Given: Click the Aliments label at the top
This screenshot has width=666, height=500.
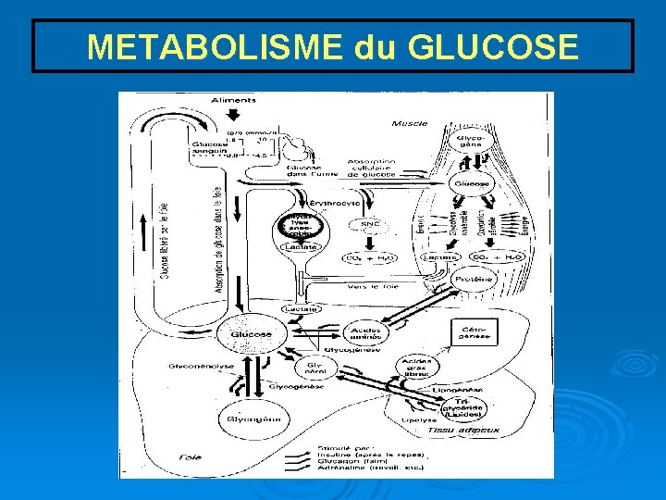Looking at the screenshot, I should click(233, 100).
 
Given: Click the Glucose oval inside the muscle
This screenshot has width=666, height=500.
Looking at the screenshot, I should click(471, 184).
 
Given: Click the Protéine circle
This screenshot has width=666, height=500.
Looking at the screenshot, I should click(473, 279).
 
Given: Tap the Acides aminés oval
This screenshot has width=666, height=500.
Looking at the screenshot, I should click(367, 332).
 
